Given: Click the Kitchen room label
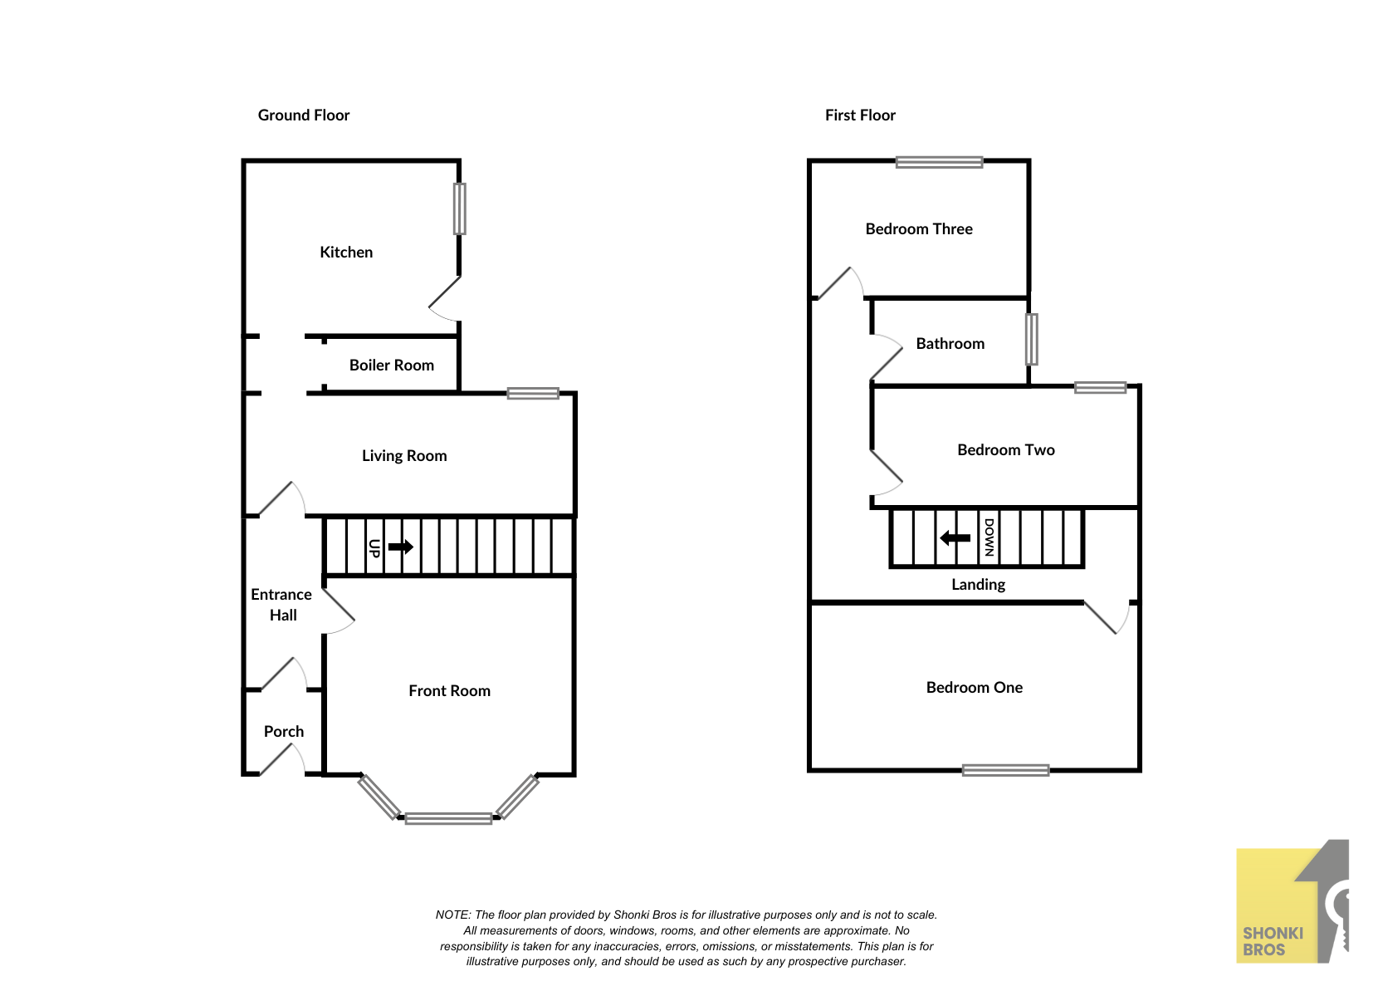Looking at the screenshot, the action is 346,253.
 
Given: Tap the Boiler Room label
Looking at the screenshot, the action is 392,365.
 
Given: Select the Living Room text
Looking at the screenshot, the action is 404,456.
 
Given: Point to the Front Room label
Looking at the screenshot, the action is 449,691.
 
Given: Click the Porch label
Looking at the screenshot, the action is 284,731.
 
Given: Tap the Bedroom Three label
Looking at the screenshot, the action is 919,228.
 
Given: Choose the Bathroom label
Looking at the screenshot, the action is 950,344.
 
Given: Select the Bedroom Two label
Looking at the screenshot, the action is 1006,449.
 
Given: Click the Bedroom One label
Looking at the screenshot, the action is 974,687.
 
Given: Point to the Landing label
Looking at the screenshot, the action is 978,585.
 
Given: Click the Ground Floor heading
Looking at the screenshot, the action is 304,115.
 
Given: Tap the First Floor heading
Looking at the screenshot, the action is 860,115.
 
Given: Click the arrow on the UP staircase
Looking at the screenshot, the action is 401,546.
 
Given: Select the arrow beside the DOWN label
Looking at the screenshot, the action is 955,538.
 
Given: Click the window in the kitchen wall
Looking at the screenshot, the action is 460,208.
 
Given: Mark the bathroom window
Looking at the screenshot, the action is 1032,339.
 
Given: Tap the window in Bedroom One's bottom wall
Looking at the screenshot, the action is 1005,770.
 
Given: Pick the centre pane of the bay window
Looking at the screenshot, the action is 448,818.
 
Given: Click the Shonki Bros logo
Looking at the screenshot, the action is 1292,901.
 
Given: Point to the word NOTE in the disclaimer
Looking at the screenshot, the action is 452,915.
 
